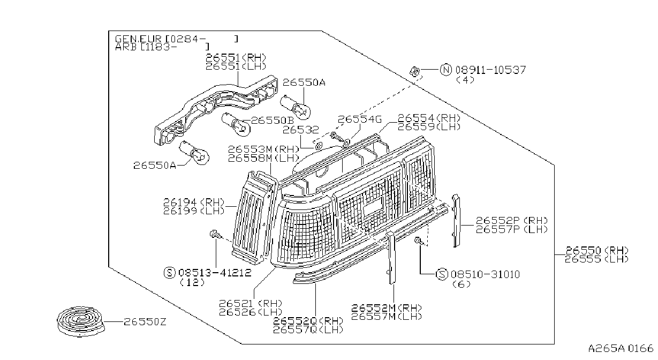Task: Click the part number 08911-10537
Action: click(490, 70)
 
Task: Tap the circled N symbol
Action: click(446, 70)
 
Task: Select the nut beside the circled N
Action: click(414, 71)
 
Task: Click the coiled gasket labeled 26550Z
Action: click(80, 321)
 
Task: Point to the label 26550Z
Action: click(145, 322)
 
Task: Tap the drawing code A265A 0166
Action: click(621, 349)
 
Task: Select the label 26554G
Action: click(360, 119)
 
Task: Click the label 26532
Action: click(300, 130)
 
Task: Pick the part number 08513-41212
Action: click(215, 273)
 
